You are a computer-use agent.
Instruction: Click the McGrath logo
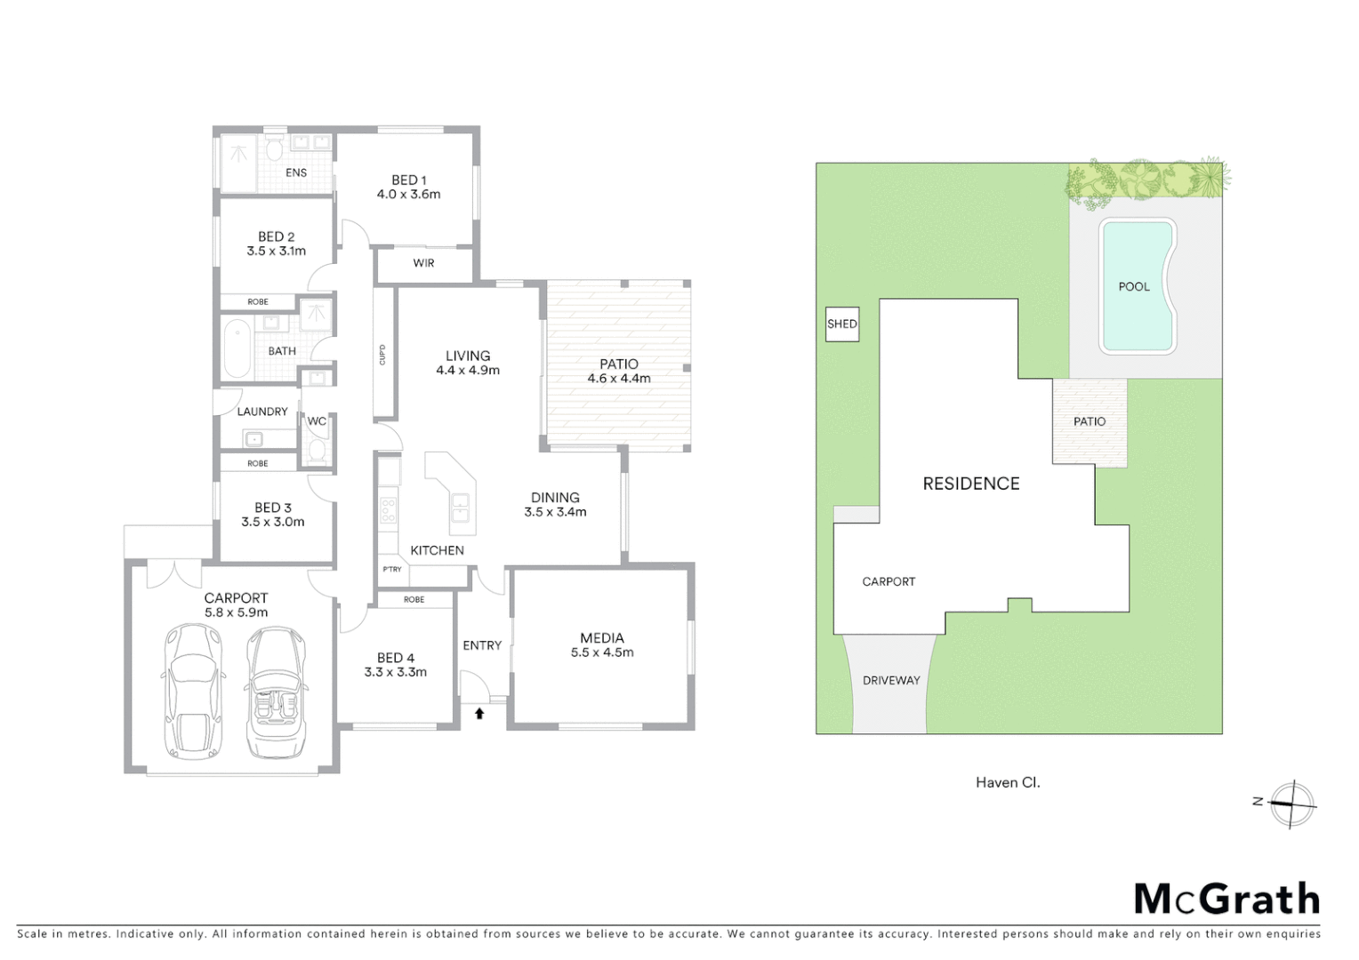[x=1226, y=900]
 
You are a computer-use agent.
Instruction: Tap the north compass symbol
[x=1292, y=804]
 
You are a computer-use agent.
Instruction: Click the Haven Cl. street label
[x=1007, y=782]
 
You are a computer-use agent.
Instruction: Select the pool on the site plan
[x=1137, y=285]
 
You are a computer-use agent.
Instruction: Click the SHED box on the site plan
[x=841, y=324]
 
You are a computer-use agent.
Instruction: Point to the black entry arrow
[x=479, y=712]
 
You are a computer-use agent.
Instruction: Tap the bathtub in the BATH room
[x=237, y=349]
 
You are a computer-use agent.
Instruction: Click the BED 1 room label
[x=408, y=180]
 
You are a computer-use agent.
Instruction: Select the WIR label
[x=423, y=263]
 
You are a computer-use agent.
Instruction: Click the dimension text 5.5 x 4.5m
[x=602, y=652]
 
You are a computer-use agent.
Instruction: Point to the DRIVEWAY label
[x=891, y=680]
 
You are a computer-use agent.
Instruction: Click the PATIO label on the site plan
[x=1089, y=421]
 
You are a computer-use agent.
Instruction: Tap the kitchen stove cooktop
[x=388, y=509]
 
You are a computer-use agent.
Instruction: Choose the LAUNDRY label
[x=261, y=412]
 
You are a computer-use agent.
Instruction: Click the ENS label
[x=296, y=172]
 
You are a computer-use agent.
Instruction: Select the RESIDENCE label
[x=970, y=484]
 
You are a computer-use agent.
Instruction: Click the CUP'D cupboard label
[x=382, y=354]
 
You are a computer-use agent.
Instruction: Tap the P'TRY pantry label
[x=392, y=569]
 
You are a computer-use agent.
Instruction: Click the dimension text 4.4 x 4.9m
[x=467, y=370]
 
